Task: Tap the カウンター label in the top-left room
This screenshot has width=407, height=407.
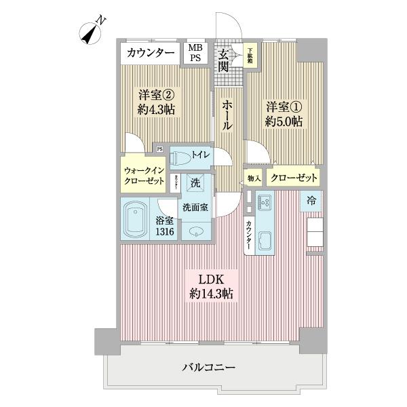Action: [150, 52]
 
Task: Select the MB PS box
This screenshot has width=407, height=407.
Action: [195, 52]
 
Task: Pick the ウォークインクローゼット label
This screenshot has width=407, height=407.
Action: [143, 176]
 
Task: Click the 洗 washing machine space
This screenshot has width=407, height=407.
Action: [195, 182]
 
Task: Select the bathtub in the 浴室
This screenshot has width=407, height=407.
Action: [138, 219]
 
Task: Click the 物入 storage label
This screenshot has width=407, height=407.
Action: [254, 178]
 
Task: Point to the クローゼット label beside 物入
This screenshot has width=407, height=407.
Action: [293, 178]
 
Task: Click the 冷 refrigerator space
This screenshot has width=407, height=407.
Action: [311, 200]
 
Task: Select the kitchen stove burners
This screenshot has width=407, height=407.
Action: [263, 202]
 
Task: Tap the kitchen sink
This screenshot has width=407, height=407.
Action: [263, 239]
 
